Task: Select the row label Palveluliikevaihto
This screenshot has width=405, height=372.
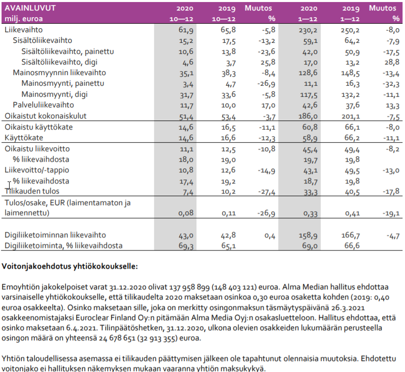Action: [x=43, y=105]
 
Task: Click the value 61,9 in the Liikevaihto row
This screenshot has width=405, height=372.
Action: [x=186, y=30]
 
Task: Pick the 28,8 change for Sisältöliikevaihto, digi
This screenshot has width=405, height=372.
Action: [x=392, y=63]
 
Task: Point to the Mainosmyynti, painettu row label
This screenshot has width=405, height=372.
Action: [x=63, y=84]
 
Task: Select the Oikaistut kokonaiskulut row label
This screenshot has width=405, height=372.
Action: [x=45, y=116]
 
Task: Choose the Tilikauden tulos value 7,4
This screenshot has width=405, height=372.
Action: [x=188, y=192]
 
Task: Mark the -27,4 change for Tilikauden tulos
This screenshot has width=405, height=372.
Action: [x=265, y=192]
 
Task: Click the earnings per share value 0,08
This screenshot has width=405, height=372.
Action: [x=187, y=214]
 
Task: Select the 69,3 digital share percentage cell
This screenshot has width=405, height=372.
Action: [x=186, y=245]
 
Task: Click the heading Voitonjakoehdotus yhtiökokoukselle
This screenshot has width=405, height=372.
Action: [x=70, y=265]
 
